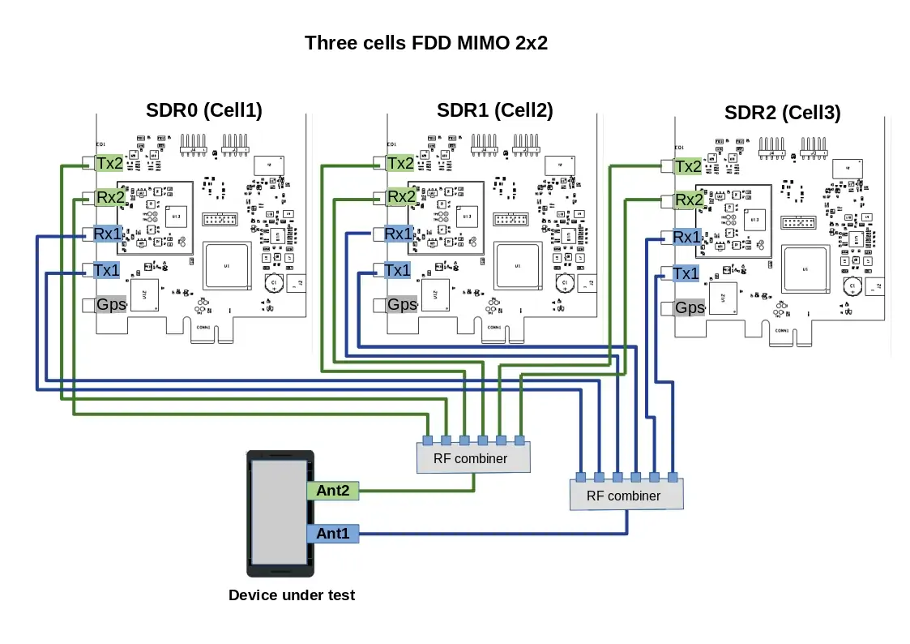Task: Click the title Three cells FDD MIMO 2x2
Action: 425,43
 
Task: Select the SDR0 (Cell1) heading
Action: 203,110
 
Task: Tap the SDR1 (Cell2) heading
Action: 494,110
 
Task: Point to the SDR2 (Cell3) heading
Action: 782,113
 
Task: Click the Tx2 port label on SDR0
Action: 109,163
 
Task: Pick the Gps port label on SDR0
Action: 109,305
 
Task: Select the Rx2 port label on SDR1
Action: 401,196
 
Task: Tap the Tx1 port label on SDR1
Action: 398,270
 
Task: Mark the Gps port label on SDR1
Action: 401,305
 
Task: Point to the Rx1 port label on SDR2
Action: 687,237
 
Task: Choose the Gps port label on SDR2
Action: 690,308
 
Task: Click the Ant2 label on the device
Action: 332,491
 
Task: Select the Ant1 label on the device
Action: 332,533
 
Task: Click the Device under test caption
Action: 292,595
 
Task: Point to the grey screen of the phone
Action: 277,513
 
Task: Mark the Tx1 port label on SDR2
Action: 686,273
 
